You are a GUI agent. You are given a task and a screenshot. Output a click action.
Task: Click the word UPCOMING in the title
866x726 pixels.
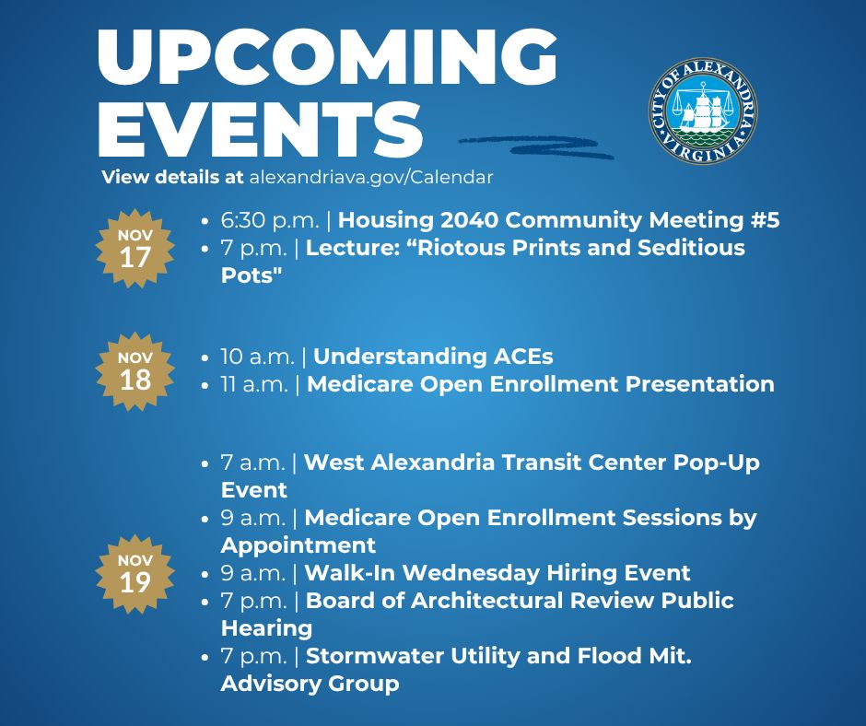[327, 57]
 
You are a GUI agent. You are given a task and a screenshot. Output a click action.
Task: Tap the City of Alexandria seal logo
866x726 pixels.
[703, 111]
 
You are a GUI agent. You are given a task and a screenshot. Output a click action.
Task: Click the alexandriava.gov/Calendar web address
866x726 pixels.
[371, 177]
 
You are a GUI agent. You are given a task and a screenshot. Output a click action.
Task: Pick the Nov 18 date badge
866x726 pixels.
[135, 371]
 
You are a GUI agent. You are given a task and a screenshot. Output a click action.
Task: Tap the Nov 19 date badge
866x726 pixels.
[135, 573]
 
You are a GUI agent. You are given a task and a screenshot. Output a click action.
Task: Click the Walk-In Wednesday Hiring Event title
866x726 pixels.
[497, 573]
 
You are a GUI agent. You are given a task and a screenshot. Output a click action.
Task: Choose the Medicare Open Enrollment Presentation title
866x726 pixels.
[540, 384]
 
